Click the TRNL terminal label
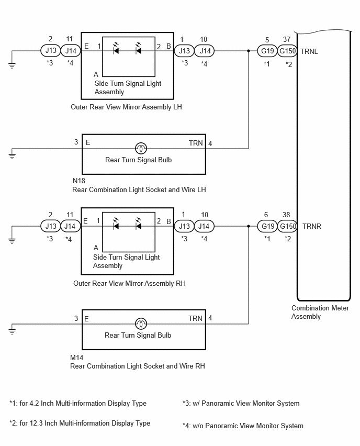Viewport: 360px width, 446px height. (x=309, y=51)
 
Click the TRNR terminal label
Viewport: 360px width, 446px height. (x=312, y=227)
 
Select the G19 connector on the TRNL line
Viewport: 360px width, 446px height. (x=267, y=51)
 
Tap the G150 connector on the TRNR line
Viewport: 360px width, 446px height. (x=287, y=227)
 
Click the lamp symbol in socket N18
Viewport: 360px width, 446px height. (x=141, y=148)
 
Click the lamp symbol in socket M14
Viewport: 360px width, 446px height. (x=141, y=324)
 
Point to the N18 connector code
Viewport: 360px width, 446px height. (x=79, y=181)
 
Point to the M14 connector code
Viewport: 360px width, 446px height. (x=76, y=358)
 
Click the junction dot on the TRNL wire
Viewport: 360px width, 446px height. (x=249, y=51)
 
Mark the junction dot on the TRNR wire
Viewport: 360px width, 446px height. (x=249, y=227)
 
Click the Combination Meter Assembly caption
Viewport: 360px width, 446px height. (x=320, y=313)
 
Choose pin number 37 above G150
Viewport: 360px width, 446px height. (x=287, y=40)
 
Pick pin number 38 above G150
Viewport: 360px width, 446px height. (x=286, y=215)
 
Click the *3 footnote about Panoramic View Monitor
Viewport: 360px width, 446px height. (x=241, y=403)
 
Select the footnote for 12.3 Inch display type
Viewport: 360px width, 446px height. (x=80, y=423)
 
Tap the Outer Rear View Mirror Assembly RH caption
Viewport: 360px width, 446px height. (x=129, y=284)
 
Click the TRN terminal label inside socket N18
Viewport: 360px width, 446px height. (x=196, y=143)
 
